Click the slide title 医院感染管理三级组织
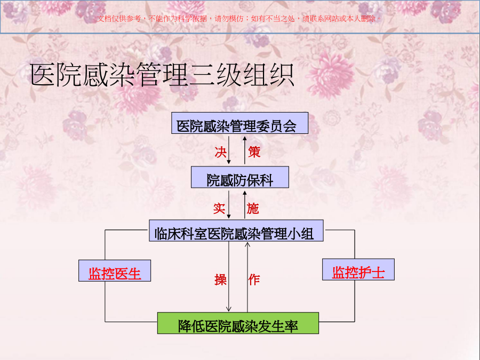pos(162,75)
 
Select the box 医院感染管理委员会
pos(239,123)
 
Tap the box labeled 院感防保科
pos(239,177)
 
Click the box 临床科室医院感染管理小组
pos(236,230)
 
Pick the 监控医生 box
pos(115,270)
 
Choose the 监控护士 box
pos(358,269)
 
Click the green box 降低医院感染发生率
pos(238,323)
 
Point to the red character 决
pos(220,152)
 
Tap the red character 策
pos(254,152)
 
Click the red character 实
pos(219,209)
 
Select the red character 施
pos(253,209)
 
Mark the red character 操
pos(220,279)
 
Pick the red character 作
pos(254,279)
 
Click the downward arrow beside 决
pos(229,150)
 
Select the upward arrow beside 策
pos(245,150)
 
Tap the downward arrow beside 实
pos(229,204)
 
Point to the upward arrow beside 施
pos(245,204)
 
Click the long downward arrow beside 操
pos(229,276)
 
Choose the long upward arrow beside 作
pos(247,277)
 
